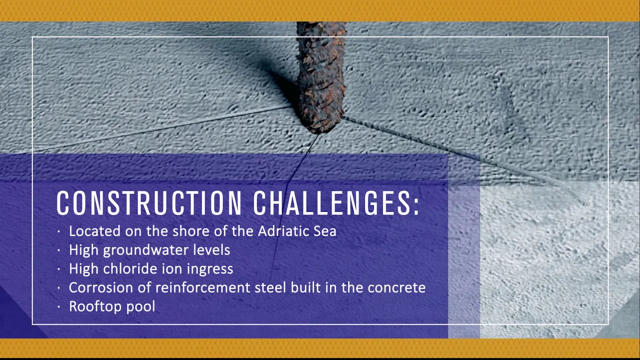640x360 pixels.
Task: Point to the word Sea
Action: [325, 231]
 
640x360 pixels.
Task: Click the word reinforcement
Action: [203, 287]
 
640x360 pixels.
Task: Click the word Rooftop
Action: [95, 307]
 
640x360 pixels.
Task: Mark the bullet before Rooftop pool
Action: [59, 307]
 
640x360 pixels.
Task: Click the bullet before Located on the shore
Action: [59, 231]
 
